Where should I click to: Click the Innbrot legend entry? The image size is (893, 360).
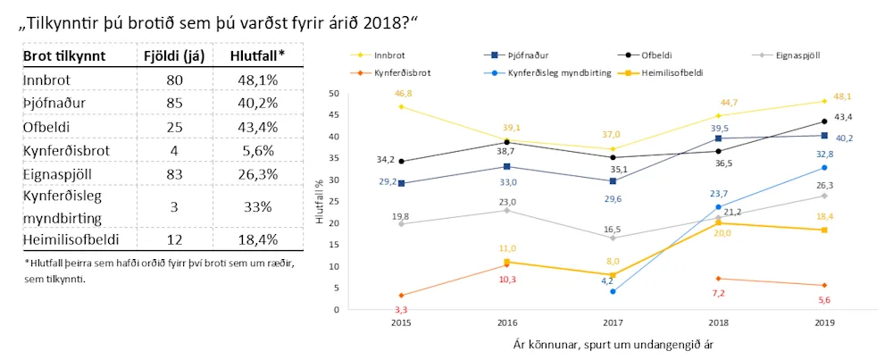click(386, 54)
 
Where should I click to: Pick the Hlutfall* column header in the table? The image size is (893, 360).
click(257, 56)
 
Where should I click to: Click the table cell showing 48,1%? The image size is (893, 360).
click(257, 80)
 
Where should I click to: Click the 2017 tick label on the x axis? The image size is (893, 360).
click(612, 322)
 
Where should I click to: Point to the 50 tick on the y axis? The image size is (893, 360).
click(334, 94)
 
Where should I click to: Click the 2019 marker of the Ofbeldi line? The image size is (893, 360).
click(823, 121)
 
